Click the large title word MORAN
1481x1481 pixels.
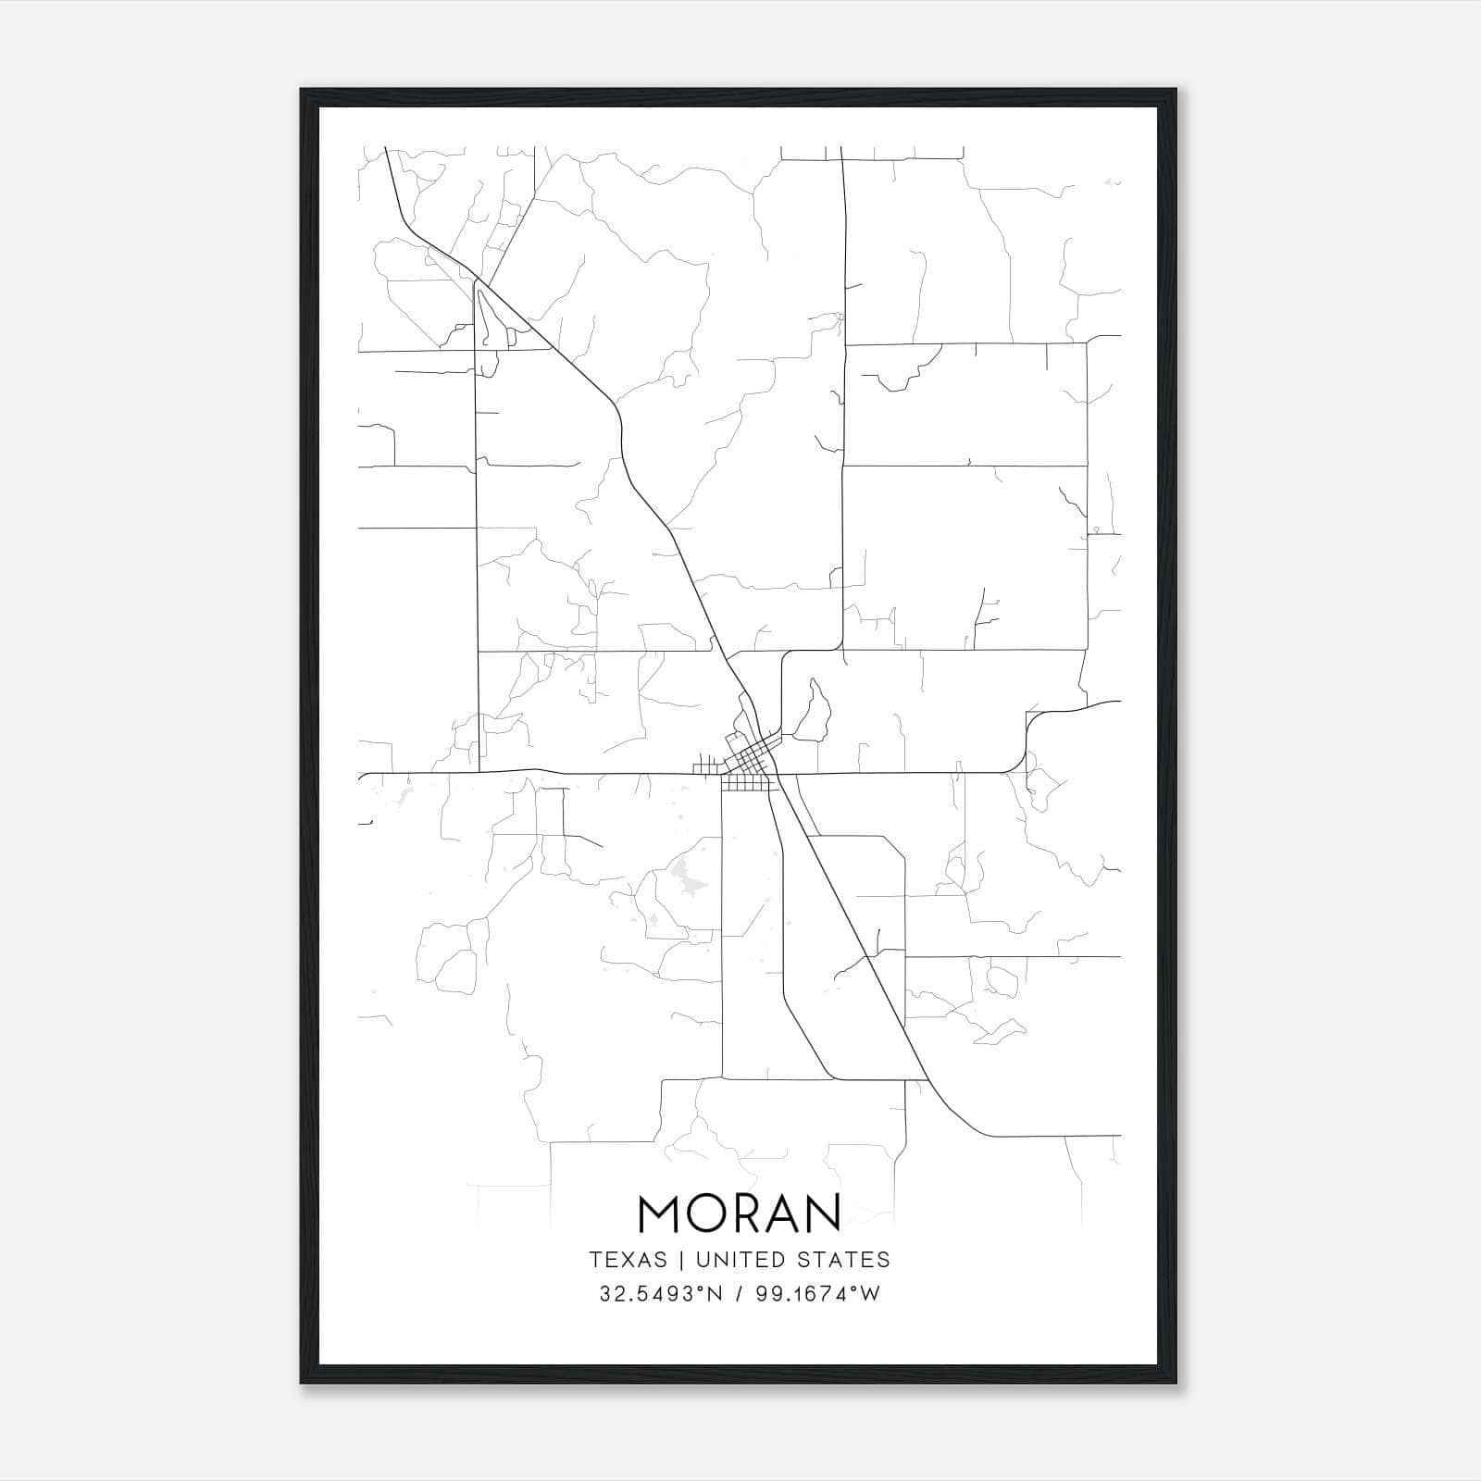740,1213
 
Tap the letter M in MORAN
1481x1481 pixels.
661,1213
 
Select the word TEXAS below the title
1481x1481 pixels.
628,1260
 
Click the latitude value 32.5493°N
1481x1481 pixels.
659,1294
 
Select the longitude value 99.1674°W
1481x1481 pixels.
818,1294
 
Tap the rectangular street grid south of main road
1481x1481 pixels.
746,784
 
